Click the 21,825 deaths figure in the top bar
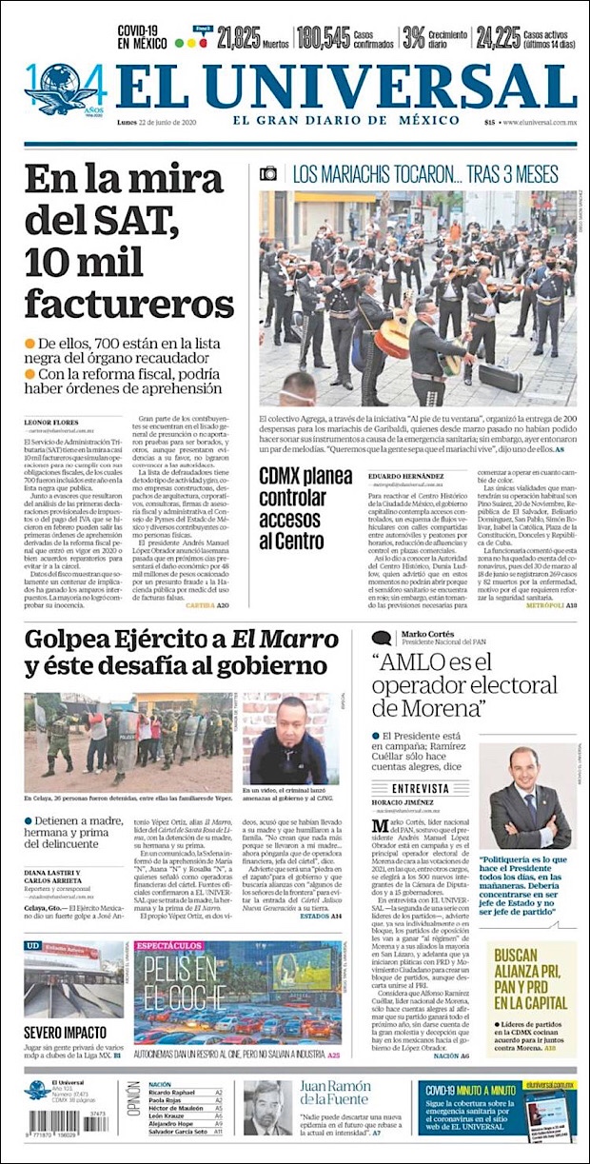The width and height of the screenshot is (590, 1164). pyautogui.click(x=239, y=38)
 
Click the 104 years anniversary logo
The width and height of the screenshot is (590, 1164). pyautogui.click(x=65, y=89)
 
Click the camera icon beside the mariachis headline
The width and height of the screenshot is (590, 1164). pyautogui.click(x=268, y=173)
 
